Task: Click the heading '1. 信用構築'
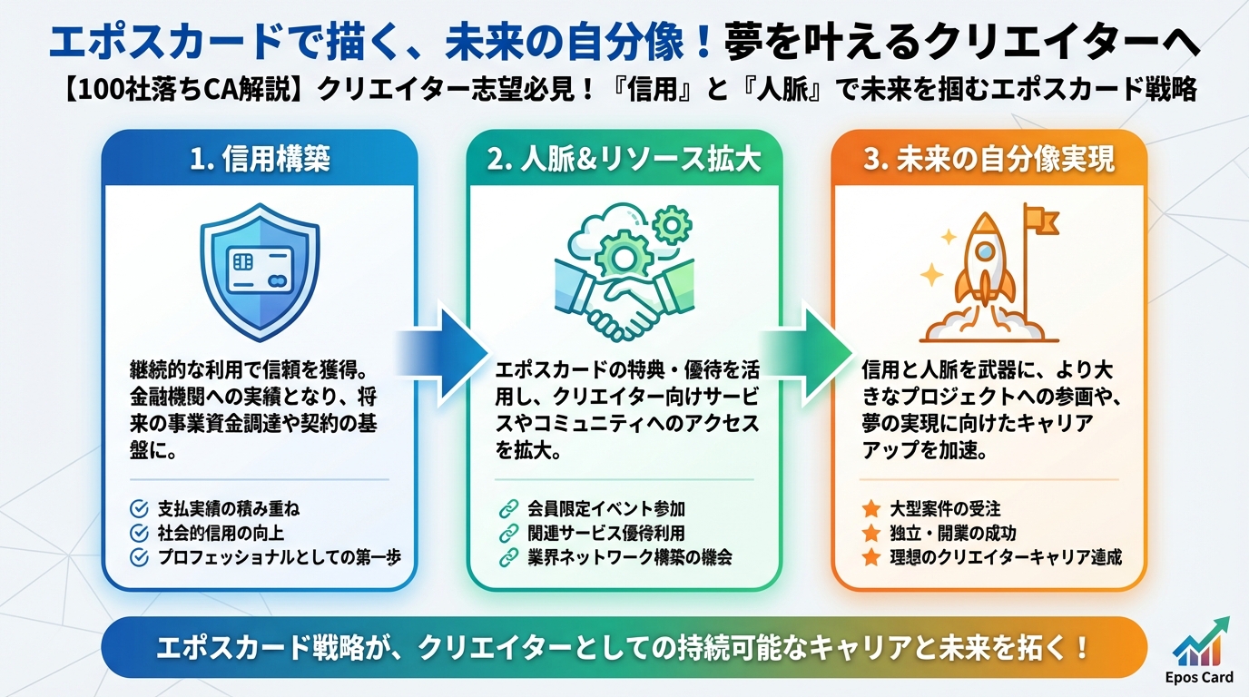pyautogui.click(x=260, y=161)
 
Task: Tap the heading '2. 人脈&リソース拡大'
pyautogui.click(x=624, y=161)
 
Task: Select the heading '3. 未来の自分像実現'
pyautogui.click(x=988, y=161)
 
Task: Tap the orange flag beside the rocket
pyautogui.click(x=1038, y=220)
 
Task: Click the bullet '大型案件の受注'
pyautogui.click(x=944, y=509)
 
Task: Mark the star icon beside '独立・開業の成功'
pyautogui.click(x=871, y=533)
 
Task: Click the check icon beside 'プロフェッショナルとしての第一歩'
pyautogui.click(x=140, y=556)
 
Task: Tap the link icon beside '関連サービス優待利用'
pyautogui.click(x=506, y=533)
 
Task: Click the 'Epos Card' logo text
pyautogui.click(x=1199, y=677)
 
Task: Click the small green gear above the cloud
pyautogui.click(x=673, y=221)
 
